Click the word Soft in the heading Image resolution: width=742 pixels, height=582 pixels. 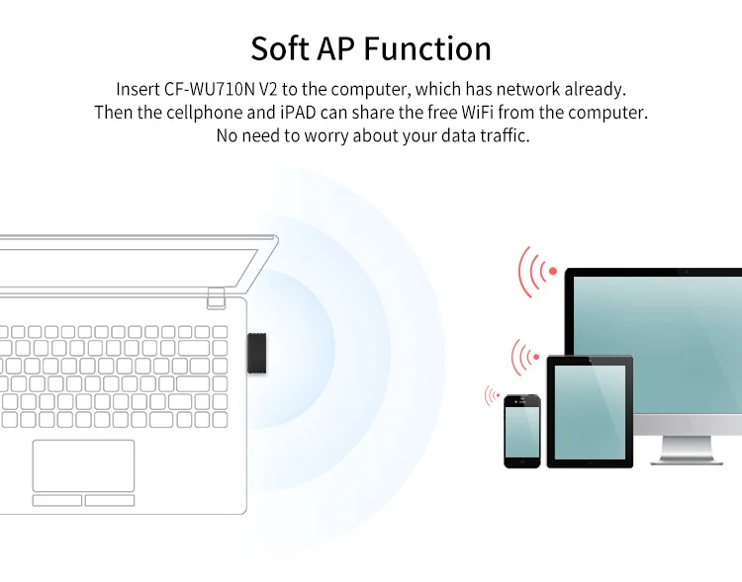(280, 48)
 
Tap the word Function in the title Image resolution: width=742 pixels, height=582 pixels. (427, 48)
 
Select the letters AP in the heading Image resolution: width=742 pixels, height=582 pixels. (336, 48)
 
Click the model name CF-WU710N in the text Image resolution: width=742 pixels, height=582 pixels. (210, 89)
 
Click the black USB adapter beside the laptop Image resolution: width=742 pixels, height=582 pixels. (256, 353)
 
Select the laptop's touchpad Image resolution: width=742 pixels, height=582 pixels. (83, 465)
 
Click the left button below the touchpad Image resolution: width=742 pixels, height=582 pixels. (57, 500)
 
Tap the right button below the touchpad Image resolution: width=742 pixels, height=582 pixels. (110, 500)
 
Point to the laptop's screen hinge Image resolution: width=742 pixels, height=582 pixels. (216, 298)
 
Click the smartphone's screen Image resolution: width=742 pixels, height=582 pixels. (522, 432)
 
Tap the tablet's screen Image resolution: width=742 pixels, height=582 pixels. (590, 412)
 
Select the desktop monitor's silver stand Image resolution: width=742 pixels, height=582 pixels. (687, 450)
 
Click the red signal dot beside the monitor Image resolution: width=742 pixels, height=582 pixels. (553, 271)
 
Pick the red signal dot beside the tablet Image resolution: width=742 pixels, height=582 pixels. (536, 357)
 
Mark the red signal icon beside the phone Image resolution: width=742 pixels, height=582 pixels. (492, 395)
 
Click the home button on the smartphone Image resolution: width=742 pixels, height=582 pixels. (522, 462)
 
